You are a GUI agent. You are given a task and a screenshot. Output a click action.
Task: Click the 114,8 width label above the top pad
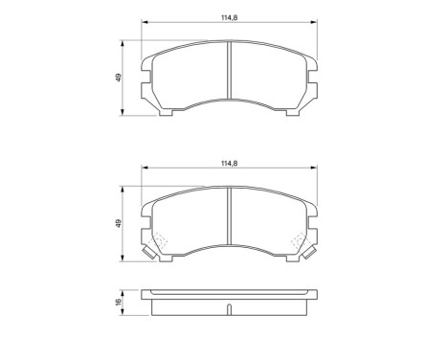tap(228, 14)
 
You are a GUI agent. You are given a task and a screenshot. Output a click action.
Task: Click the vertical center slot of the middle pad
tap(228, 221)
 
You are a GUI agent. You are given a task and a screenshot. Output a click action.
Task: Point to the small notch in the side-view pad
tap(228, 308)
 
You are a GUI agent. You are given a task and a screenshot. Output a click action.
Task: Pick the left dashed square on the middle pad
tap(160, 243)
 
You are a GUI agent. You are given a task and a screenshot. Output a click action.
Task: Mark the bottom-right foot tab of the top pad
tap(292, 113)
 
